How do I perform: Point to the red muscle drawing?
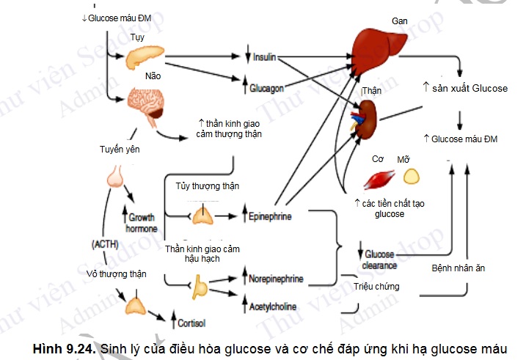point(380,180)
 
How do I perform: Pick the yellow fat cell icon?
point(412,177)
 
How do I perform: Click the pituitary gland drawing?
point(116,177)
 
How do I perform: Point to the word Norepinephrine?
point(275,279)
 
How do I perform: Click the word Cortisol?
point(192,323)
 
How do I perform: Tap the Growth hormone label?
point(142,223)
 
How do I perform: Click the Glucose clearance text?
point(379,260)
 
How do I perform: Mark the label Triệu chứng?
point(376,286)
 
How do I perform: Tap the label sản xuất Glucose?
point(470,88)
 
